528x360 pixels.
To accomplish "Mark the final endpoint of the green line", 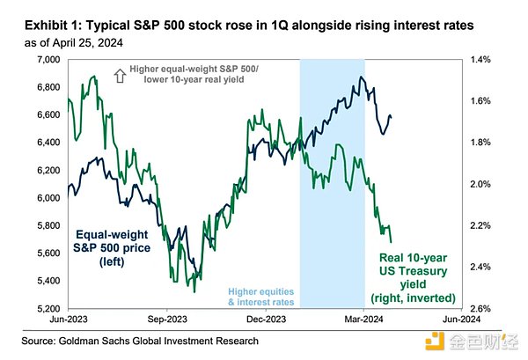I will pyautogui.click(x=390, y=240).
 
